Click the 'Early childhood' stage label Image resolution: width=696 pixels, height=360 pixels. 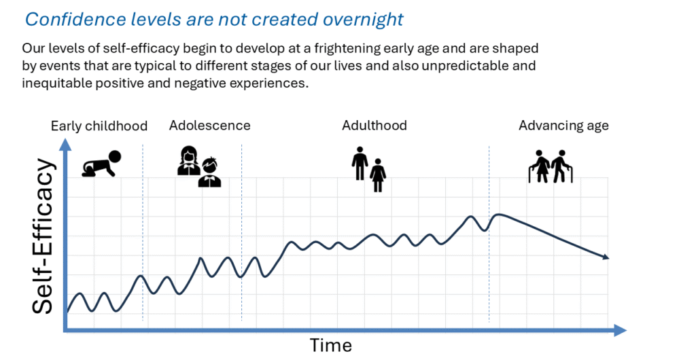pyautogui.click(x=99, y=126)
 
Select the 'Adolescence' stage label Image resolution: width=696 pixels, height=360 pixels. pyautogui.click(x=209, y=126)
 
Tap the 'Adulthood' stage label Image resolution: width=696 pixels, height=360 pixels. pyautogui.click(x=375, y=126)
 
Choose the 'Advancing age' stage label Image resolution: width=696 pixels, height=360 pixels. pyautogui.click(x=563, y=126)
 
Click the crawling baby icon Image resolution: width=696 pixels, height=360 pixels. pyautogui.click(x=102, y=164)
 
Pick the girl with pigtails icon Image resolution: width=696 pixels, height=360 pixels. pyautogui.click(x=189, y=160)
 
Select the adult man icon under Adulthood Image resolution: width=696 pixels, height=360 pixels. pyautogui.click(x=360, y=163)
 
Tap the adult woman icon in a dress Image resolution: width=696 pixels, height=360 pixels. pyautogui.click(x=378, y=175)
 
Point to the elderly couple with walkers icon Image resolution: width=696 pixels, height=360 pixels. pyautogui.click(x=551, y=166)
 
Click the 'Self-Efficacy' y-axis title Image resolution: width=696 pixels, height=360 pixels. pyautogui.click(x=43, y=236)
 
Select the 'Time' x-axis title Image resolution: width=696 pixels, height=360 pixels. pyautogui.click(x=331, y=345)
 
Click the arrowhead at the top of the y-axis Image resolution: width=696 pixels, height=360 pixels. pyautogui.click(x=65, y=143)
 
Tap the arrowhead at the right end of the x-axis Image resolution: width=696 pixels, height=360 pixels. pyautogui.click(x=620, y=330)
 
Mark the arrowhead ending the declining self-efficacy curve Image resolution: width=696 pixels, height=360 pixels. pyautogui.click(x=606, y=257)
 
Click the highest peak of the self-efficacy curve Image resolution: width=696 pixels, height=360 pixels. pyautogui.click(x=499, y=215)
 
